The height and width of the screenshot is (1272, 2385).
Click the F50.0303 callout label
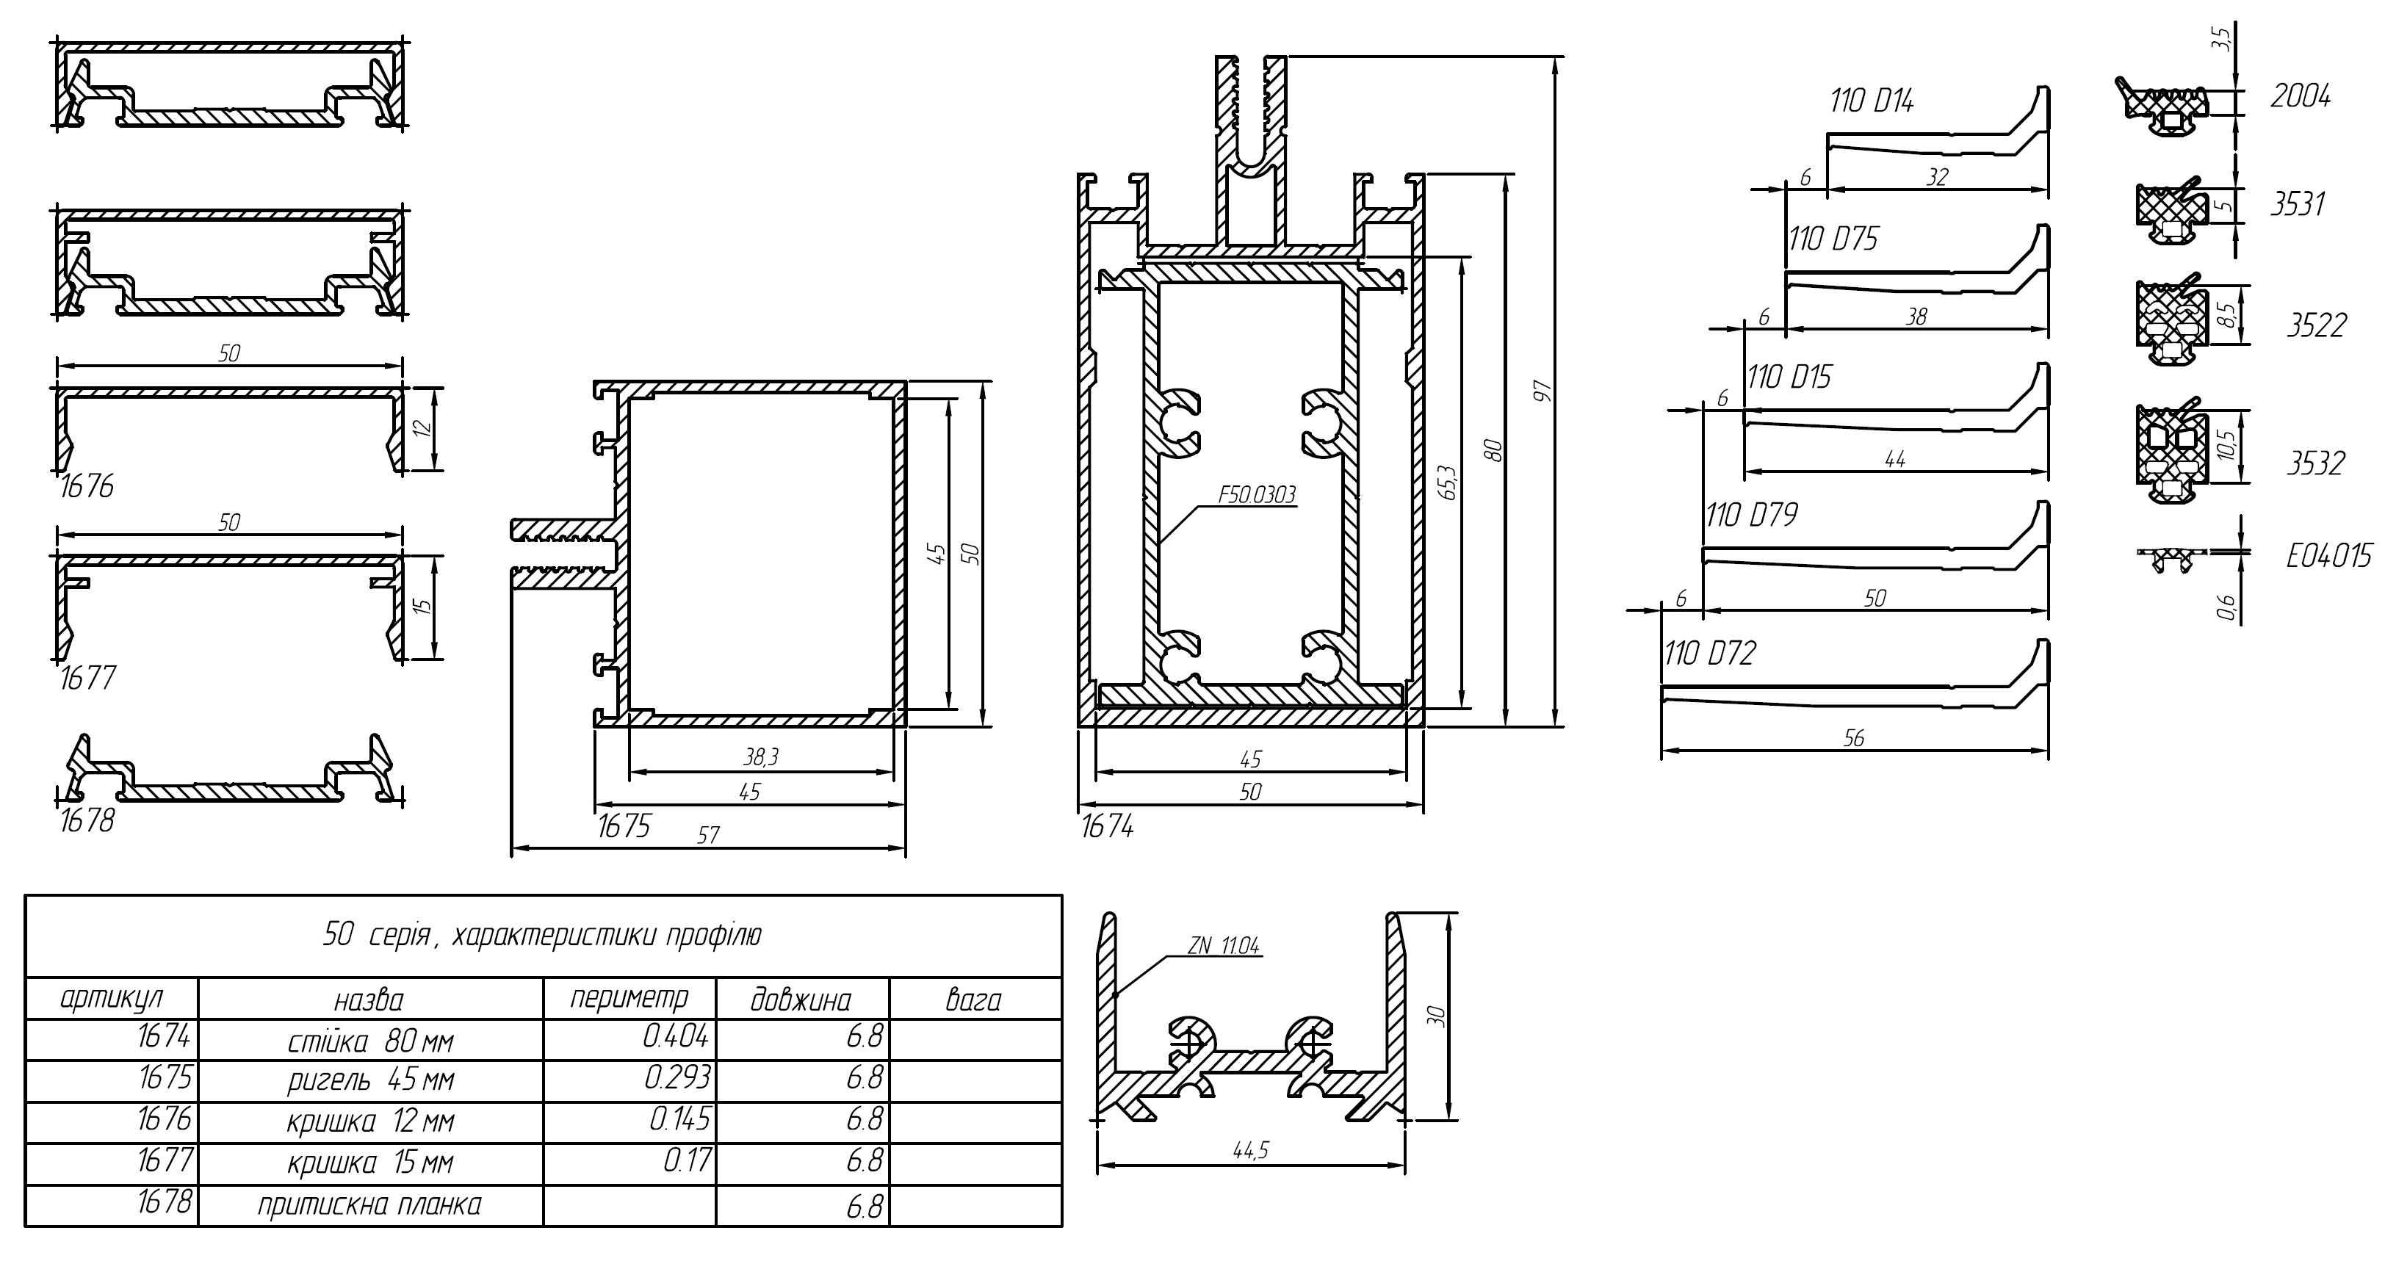(x=1256, y=495)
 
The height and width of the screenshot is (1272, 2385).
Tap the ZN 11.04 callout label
(x=1223, y=946)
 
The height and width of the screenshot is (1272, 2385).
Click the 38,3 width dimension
(x=761, y=757)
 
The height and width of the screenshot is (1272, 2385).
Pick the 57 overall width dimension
(x=708, y=835)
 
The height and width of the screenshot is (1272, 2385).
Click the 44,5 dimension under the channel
(x=1250, y=1151)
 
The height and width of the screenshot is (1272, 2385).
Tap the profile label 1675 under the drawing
(x=624, y=825)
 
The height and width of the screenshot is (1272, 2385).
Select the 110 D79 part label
(x=1751, y=516)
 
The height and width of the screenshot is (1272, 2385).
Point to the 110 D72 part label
(x=1710, y=654)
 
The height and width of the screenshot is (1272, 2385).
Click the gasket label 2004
(x=2301, y=96)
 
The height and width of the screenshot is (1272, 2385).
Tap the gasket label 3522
(x=2317, y=325)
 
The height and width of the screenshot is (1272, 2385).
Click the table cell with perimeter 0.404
(x=676, y=1037)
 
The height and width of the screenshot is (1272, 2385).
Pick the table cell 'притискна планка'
(x=369, y=1204)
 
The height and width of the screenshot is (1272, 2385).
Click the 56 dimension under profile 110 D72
(x=1853, y=738)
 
